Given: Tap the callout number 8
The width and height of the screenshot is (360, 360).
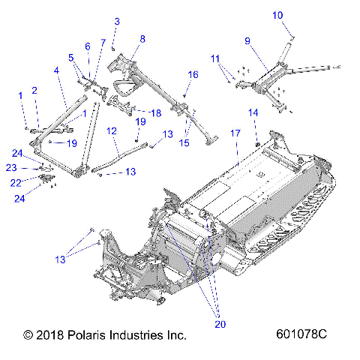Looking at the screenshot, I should point(142,38).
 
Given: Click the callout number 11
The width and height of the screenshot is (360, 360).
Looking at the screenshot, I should point(215,58).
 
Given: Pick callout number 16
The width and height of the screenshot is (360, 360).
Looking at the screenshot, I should point(193,74).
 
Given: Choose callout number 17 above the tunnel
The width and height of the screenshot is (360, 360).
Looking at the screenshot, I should point(235,133).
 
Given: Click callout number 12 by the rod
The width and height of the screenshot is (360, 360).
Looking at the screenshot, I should point(112,130).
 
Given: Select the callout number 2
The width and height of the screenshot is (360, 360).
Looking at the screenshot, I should point(34,91).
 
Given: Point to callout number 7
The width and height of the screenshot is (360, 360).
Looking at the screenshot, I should point(102,43).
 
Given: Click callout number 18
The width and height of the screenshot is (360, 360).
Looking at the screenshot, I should point(156,112).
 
